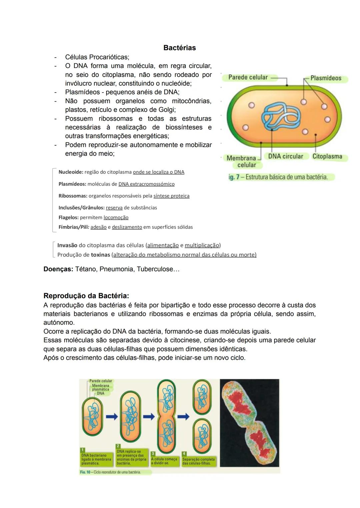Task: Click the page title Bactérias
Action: pyautogui.click(x=179, y=48)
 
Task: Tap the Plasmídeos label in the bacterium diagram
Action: pyautogui.click(x=326, y=78)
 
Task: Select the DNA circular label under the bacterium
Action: pyautogui.click(x=285, y=156)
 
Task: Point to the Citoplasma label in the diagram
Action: pyautogui.click(x=327, y=156)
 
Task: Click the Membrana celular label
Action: pyautogui.click(x=242, y=161)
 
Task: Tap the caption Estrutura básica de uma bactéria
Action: pyautogui.click(x=286, y=177)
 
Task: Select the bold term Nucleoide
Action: pyautogui.click(x=70, y=172)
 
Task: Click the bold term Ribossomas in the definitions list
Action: pyautogui.click(x=73, y=196)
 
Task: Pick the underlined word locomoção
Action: pyautogui.click(x=116, y=217)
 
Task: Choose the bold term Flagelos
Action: pyautogui.click(x=68, y=217)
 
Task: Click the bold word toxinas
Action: pyautogui.click(x=100, y=255)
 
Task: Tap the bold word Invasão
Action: pyautogui.click(x=67, y=245)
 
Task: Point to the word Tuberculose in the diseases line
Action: pyautogui.click(x=155, y=269)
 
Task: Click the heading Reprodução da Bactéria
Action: pyautogui.click(x=86, y=295)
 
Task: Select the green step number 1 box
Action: pyautogui.click(x=83, y=450)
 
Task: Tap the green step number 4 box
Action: pyautogui.click(x=184, y=453)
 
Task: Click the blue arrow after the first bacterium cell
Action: pyautogui.click(x=112, y=416)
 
